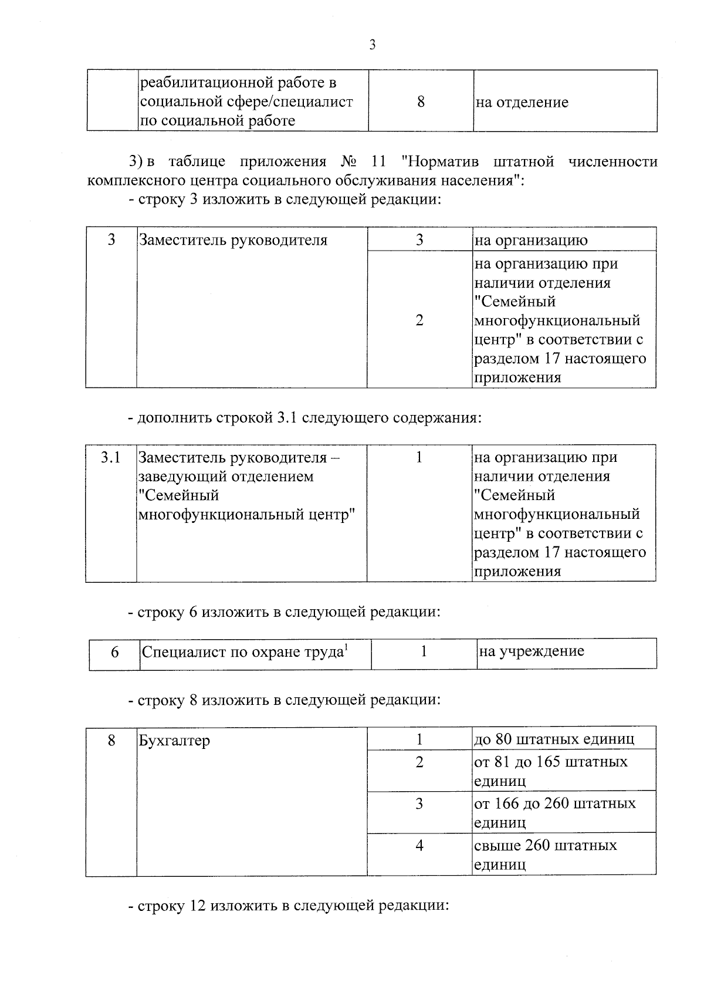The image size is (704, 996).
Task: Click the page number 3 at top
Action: tap(372, 45)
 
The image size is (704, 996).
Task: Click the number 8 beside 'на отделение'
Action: tap(421, 102)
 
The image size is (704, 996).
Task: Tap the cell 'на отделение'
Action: tap(522, 103)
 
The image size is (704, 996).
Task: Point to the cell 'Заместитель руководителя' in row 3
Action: tap(232, 240)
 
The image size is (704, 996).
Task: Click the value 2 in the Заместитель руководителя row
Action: tap(419, 320)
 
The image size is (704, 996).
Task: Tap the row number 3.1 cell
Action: tap(110, 457)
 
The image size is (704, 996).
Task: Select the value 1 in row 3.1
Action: tap(419, 457)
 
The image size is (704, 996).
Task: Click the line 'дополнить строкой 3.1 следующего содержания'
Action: tap(304, 418)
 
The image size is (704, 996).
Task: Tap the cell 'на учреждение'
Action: tap(531, 651)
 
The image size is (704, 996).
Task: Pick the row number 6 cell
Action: tap(115, 652)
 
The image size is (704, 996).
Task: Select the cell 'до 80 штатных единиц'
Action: tap(554, 738)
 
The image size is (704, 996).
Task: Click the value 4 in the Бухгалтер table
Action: tap(419, 845)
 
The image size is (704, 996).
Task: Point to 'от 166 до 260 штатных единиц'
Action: tap(554, 812)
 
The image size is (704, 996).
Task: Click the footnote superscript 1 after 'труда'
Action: tap(346, 647)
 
